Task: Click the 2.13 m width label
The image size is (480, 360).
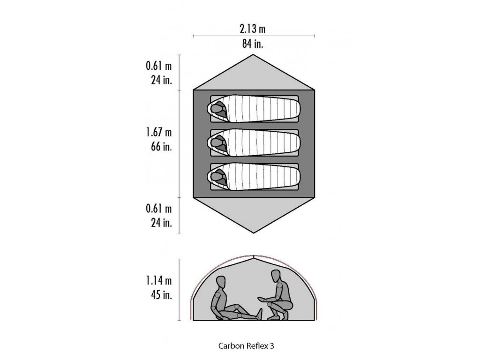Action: coord(253,29)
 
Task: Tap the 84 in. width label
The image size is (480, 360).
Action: coord(253,44)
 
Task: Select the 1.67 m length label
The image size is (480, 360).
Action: coord(158,132)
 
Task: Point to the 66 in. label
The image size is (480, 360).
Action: coord(159,146)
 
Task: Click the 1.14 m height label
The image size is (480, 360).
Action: coord(158,281)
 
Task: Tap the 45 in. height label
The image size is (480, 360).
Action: coord(159,295)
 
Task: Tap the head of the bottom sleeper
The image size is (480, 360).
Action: coord(217,176)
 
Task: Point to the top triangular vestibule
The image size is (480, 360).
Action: coord(254,75)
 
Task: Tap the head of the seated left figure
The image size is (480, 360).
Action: coord(221,283)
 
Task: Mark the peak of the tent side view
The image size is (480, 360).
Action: coord(254,256)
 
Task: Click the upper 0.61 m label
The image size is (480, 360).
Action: coord(158,66)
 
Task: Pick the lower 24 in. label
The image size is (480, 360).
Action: coord(159,222)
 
